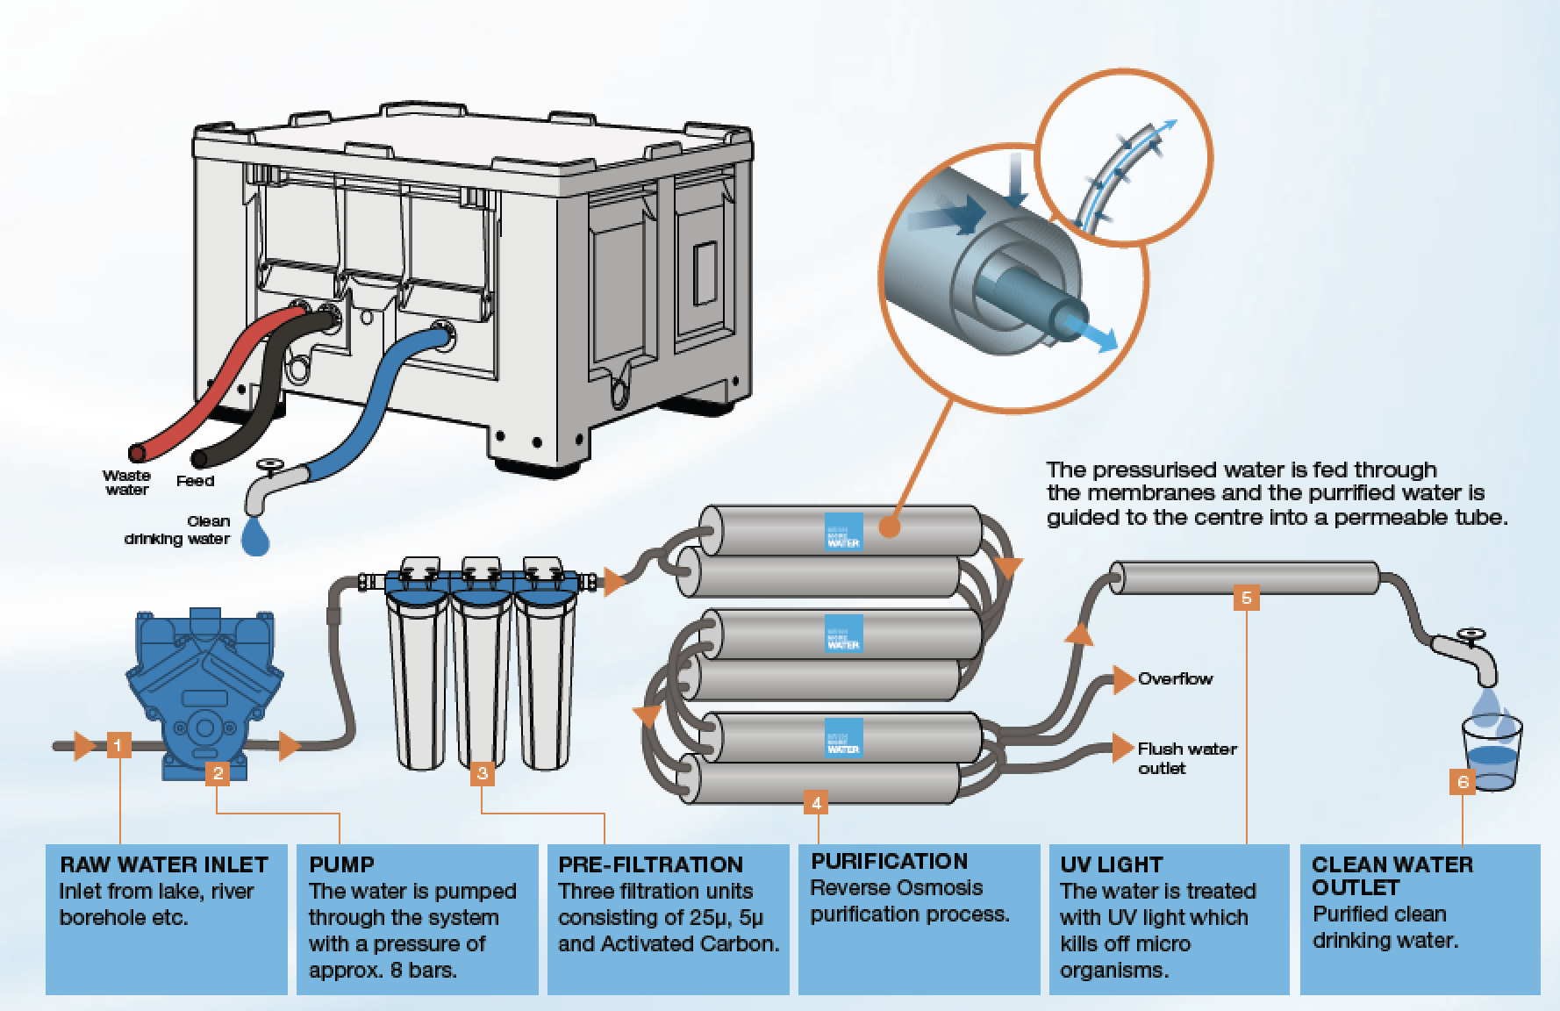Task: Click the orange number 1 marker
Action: [x=119, y=746]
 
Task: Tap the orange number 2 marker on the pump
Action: [x=218, y=772]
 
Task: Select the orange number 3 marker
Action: [x=482, y=773]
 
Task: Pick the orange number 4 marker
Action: [x=817, y=802]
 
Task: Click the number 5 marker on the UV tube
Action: [x=1246, y=598]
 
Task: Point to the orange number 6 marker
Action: [x=1463, y=780]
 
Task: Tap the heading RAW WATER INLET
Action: [x=163, y=864]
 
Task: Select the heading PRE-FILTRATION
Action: [x=651, y=864]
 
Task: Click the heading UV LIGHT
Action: [x=1111, y=864]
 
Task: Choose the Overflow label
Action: [x=1175, y=678]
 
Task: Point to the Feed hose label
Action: [x=195, y=481]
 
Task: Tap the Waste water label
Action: [x=127, y=483]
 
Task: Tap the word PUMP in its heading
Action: [x=341, y=864]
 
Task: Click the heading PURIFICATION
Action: [x=889, y=861]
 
